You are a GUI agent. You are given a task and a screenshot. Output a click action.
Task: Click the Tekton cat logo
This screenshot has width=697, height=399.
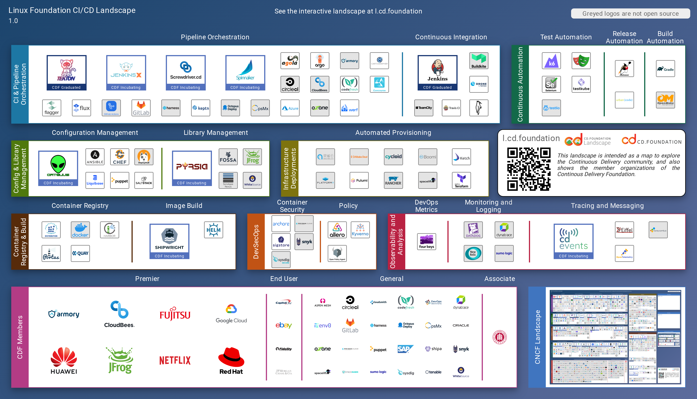66,70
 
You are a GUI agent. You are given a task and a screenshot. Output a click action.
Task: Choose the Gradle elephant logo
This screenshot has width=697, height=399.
665,69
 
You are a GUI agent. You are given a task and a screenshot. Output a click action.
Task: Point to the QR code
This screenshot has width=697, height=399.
529,169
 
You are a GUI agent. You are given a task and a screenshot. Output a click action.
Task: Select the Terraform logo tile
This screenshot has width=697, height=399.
461,180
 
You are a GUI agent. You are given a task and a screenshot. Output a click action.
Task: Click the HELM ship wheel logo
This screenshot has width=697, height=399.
213,230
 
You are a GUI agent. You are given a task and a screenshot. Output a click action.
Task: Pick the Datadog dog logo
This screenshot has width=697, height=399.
473,230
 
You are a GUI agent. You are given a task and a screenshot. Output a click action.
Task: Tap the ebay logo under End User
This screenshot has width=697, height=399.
284,325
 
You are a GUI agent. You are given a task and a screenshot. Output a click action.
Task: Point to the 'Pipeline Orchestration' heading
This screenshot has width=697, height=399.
215,37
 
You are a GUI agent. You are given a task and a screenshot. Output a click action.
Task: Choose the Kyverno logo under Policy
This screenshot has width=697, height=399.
360,230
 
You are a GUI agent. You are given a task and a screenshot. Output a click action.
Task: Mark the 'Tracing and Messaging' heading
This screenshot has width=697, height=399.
607,206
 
